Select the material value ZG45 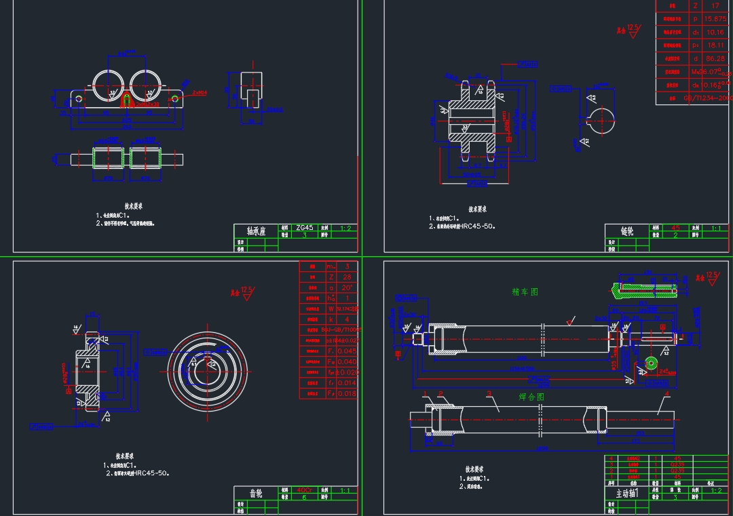[x=305, y=228]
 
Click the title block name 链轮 [x=627, y=231]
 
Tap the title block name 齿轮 [x=255, y=493]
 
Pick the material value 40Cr [x=304, y=490]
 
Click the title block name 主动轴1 [x=627, y=494]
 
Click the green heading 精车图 [x=525, y=292]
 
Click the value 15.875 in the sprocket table [x=715, y=19]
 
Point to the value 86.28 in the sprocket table [x=715, y=58]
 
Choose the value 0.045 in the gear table [x=346, y=351]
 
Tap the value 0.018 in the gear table [x=346, y=393]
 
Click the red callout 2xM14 [x=200, y=92]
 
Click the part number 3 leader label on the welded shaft [x=488, y=394]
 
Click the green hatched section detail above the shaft [x=645, y=289]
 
